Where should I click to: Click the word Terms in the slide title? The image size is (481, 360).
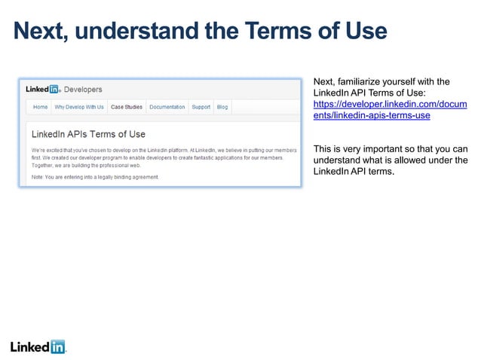pyautogui.click(x=274, y=31)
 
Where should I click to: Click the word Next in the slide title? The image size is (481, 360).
pyautogui.click(x=42, y=31)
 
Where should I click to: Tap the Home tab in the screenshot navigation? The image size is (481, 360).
pyautogui.click(x=40, y=107)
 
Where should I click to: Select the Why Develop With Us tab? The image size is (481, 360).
pyautogui.click(x=79, y=107)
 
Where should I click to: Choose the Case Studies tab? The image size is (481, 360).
pyautogui.click(x=127, y=107)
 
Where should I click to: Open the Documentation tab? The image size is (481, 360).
pyautogui.click(x=167, y=107)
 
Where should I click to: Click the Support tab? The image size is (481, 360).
pyautogui.click(x=201, y=107)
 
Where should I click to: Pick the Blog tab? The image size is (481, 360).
pyautogui.click(x=222, y=107)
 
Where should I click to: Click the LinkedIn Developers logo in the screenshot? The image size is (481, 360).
pyautogui.click(x=44, y=89)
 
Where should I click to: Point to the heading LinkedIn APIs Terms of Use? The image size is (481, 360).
pyautogui.click(x=88, y=134)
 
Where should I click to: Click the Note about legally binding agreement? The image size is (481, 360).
pyautogui.click(x=95, y=177)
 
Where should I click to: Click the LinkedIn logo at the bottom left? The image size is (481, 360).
pyautogui.click(x=38, y=347)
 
